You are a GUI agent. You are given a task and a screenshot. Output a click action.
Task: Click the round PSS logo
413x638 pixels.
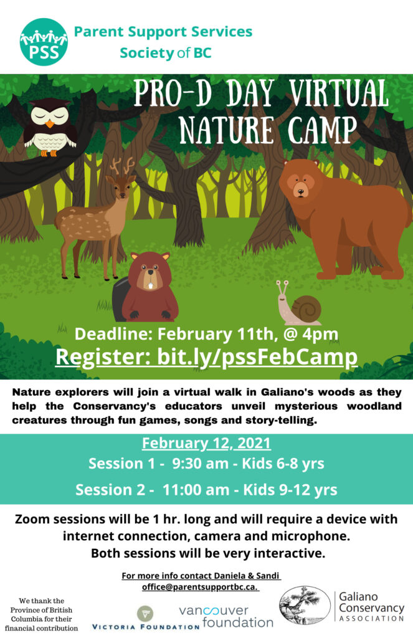click(x=44, y=42)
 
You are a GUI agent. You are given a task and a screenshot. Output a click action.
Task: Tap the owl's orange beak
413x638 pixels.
click(x=50, y=123)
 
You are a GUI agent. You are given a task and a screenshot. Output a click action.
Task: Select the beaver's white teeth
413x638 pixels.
click(x=151, y=285)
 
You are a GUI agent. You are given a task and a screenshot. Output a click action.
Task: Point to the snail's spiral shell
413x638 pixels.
click(x=306, y=310)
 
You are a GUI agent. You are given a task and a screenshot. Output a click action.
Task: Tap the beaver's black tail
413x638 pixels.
click(x=121, y=299)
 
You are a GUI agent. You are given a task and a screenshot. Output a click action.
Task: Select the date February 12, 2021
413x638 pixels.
click(x=206, y=443)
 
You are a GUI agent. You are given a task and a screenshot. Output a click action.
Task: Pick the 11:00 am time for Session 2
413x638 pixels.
click(x=196, y=490)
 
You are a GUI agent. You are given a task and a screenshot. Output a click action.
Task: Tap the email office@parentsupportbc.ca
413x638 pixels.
click(x=200, y=587)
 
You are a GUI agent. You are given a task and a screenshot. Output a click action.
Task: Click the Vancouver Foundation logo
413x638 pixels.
click(x=226, y=617)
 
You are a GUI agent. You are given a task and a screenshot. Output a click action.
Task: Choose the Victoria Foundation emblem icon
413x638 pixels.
click(x=145, y=613)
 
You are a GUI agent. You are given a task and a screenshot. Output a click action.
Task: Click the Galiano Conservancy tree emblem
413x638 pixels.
click(x=305, y=606)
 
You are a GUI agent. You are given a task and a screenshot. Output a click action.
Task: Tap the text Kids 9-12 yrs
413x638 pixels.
click(x=290, y=490)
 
